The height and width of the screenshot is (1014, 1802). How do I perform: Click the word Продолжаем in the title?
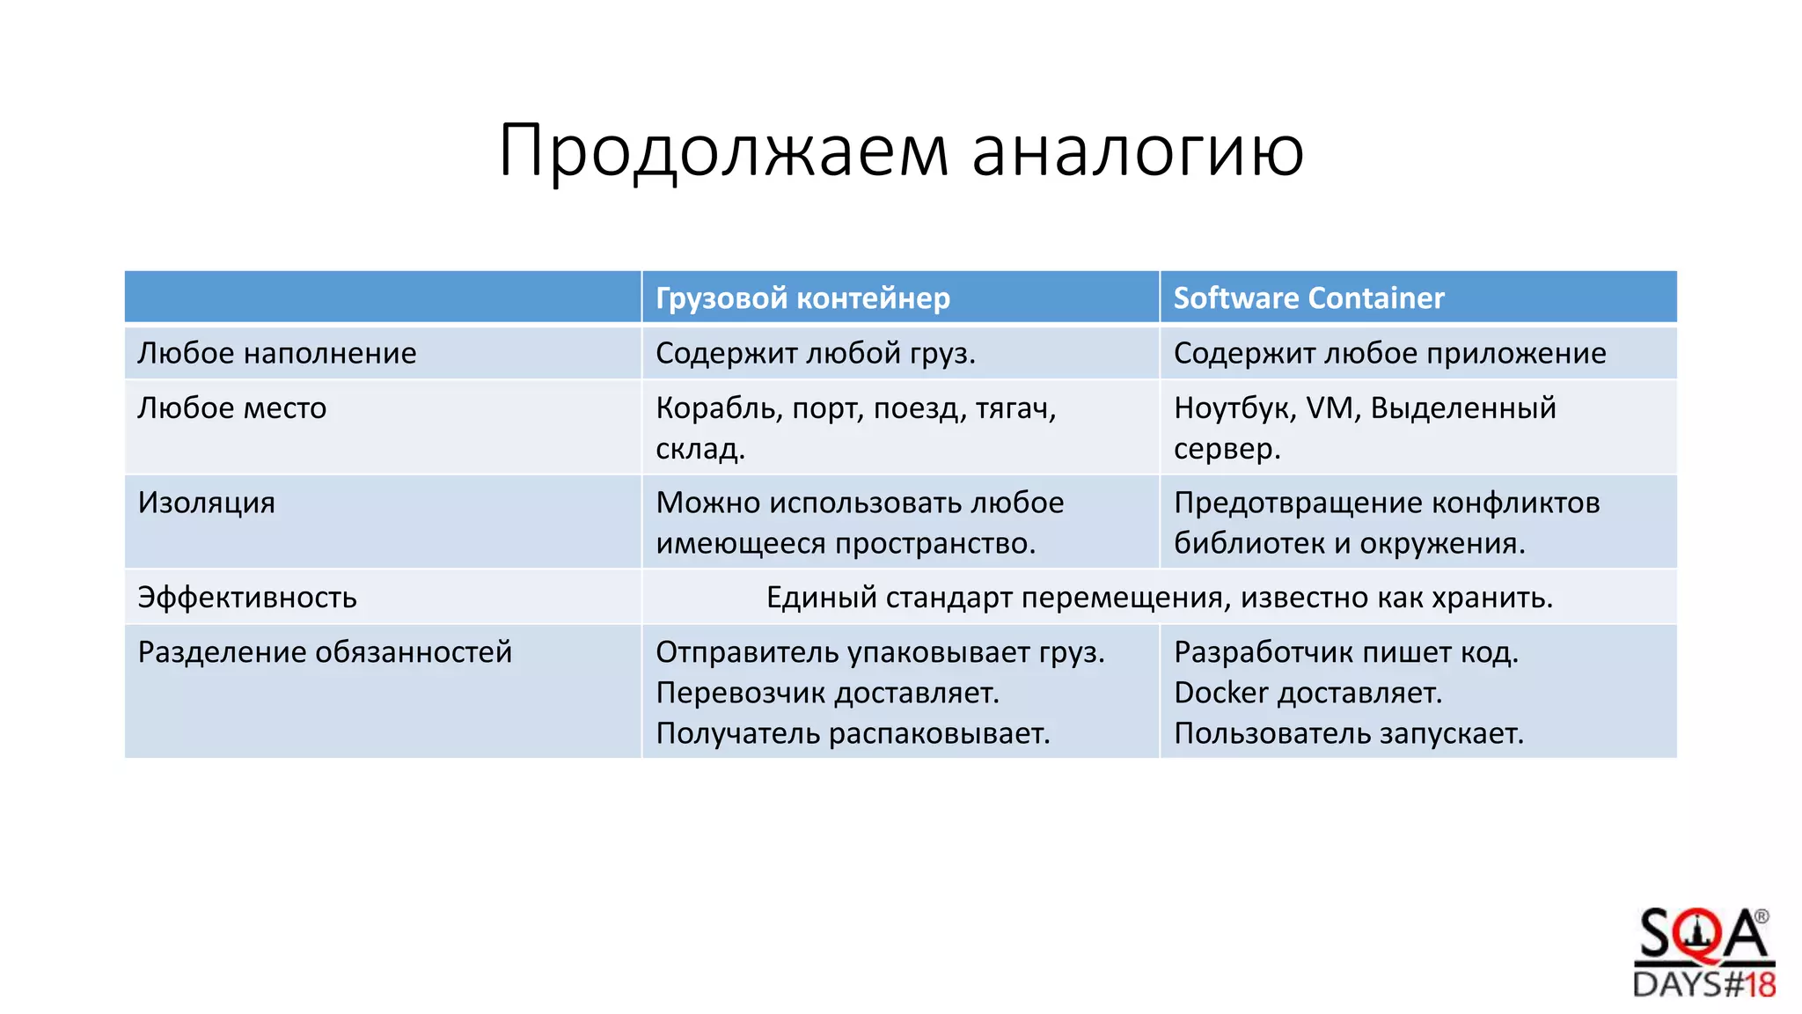pos(723,151)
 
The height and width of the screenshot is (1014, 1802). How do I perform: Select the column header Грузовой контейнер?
pos(802,298)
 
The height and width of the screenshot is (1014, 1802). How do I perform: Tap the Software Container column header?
pos(1308,298)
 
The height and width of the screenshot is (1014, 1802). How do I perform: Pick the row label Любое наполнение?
pos(276,353)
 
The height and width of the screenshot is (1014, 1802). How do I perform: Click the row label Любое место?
pos(231,408)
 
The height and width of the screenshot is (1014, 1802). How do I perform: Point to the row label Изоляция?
pos(206,503)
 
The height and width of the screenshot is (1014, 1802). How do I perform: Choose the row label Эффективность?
pos(246,598)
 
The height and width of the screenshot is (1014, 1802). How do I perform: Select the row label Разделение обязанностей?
pos(324,652)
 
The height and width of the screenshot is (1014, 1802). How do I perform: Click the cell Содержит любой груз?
pos(815,353)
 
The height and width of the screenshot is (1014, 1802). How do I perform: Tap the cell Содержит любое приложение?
pos(1389,353)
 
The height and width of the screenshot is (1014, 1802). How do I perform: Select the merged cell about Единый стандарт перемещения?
pos(1159,598)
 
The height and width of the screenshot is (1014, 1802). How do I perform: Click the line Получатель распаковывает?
pos(853,733)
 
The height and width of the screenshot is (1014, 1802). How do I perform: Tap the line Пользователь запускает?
pos(1348,733)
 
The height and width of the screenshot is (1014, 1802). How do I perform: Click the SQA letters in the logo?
pos(1702,936)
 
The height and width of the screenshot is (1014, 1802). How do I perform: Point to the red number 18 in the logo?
pos(1760,984)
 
